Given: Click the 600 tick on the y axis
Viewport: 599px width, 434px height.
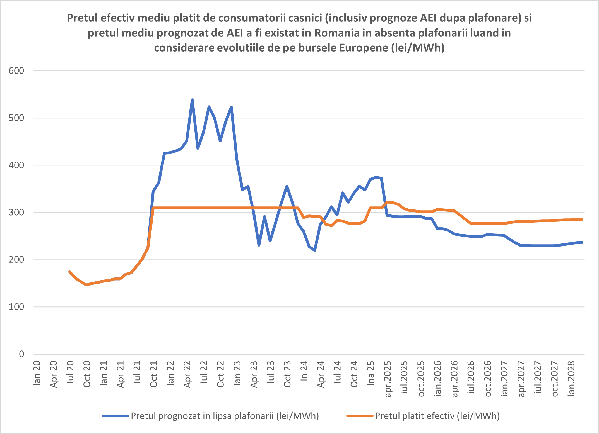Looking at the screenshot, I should click(x=16, y=71).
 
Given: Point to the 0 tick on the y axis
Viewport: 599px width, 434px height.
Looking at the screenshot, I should click(x=21, y=354).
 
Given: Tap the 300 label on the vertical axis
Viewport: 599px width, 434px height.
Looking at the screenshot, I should click(x=16, y=212).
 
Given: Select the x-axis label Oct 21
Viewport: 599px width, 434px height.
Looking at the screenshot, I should click(x=154, y=374).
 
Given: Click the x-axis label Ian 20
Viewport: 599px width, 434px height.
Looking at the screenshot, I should click(x=37, y=373).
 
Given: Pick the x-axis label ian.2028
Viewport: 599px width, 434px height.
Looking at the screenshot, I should click(x=571, y=378).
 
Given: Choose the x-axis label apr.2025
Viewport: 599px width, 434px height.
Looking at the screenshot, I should click(x=388, y=379).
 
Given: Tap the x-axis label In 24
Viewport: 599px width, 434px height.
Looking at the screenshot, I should click(x=304, y=371).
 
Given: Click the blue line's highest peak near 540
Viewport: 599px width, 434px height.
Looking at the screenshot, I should click(x=192, y=100).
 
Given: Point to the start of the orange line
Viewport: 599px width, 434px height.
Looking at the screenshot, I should click(x=70, y=272).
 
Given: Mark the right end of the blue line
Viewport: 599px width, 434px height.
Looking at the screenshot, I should click(x=582, y=242).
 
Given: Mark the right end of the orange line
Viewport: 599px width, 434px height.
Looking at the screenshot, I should click(x=582, y=219).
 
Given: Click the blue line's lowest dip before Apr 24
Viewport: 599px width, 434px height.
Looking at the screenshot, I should click(x=315, y=250).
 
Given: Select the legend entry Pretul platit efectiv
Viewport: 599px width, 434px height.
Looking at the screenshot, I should click(x=437, y=416).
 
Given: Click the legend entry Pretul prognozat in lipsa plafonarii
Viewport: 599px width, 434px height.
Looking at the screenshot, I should click(x=225, y=416).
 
